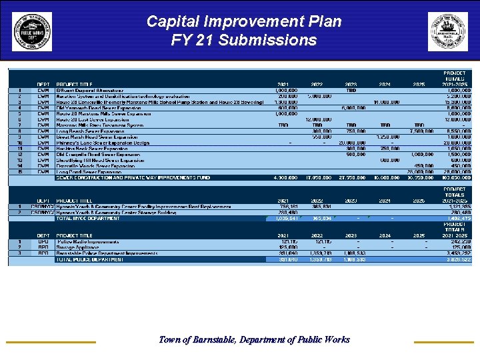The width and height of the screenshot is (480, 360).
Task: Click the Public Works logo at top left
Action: tap(31, 31)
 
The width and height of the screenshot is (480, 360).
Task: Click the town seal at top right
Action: tap(448, 31)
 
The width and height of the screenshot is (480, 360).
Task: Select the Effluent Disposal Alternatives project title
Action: tap(90, 90)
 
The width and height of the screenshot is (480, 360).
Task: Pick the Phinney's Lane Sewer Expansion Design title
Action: tap(103, 143)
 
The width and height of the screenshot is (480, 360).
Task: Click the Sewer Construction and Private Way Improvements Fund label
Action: tap(133, 178)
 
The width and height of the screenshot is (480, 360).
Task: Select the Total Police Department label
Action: tap(90, 259)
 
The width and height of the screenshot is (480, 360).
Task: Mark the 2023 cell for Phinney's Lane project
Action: tap(351, 143)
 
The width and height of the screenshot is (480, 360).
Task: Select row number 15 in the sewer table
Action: tap(21, 172)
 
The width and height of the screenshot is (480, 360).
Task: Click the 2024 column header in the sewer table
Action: tap(385, 85)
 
